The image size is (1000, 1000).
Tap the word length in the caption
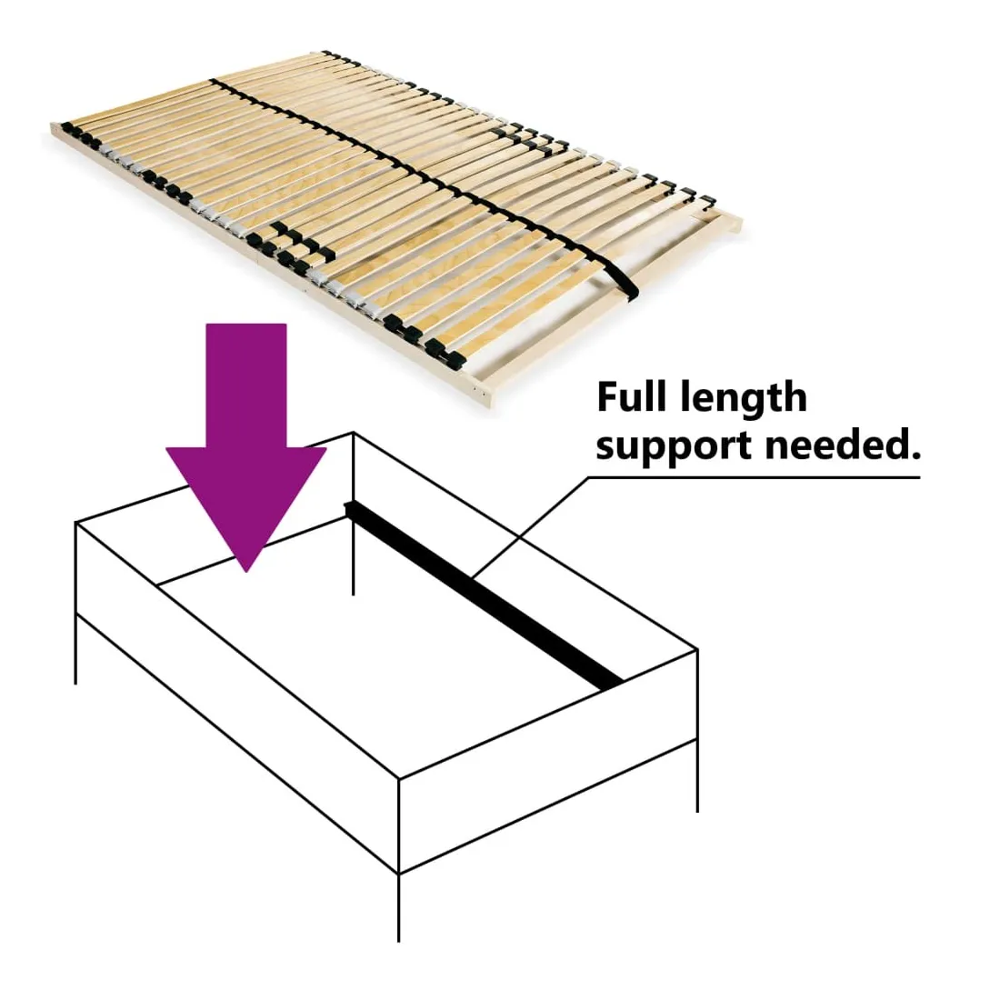[x=744, y=399]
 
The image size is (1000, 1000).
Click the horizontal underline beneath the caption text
[x=754, y=476]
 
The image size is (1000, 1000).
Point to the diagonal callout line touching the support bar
[x=531, y=526]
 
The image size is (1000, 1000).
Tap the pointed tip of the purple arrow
[x=246, y=571]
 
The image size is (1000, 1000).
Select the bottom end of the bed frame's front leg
[x=398, y=941]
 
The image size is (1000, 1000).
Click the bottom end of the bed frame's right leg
[x=697, y=812]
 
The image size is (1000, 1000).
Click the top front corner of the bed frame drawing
[x=398, y=779]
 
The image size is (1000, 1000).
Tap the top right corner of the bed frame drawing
[x=697, y=650]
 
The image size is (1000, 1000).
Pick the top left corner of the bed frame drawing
[x=75, y=523]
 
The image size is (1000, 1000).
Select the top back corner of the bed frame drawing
[x=354, y=433]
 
